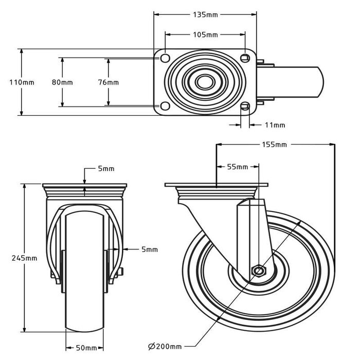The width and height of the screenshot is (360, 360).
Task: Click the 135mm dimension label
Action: (x=205, y=15)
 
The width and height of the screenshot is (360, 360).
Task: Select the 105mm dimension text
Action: (x=205, y=34)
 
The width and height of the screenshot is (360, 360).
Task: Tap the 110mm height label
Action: (x=22, y=82)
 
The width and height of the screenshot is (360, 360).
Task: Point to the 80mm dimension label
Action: (x=62, y=82)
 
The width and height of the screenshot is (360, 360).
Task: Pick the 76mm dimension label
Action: (x=109, y=82)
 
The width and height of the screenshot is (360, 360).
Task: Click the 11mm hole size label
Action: (x=275, y=125)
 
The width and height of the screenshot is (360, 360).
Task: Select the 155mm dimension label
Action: (x=274, y=145)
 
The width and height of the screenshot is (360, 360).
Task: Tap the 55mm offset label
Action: (x=238, y=167)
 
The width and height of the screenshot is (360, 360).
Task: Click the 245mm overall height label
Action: (x=24, y=258)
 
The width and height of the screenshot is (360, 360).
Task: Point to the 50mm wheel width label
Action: (x=86, y=348)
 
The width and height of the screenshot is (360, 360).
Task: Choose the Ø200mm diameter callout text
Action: (x=165, y=347)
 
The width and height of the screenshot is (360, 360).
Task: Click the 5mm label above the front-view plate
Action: (x=106, y=169)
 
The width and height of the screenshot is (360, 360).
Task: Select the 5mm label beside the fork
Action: (x=150, y=249)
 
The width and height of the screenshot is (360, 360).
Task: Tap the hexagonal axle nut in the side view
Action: (x=259, y=271)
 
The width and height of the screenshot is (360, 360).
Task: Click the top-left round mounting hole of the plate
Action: (x=165, y=58)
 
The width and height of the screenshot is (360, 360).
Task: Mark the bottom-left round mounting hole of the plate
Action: (x=165, y=106)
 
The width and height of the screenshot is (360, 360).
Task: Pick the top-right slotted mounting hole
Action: (x=245, y=58)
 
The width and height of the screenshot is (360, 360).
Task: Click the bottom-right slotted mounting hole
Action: (x=245, y=106)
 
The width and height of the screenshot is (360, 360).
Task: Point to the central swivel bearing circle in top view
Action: (x=205, y=82)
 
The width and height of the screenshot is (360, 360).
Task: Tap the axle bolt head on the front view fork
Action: (x=121, y=272)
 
